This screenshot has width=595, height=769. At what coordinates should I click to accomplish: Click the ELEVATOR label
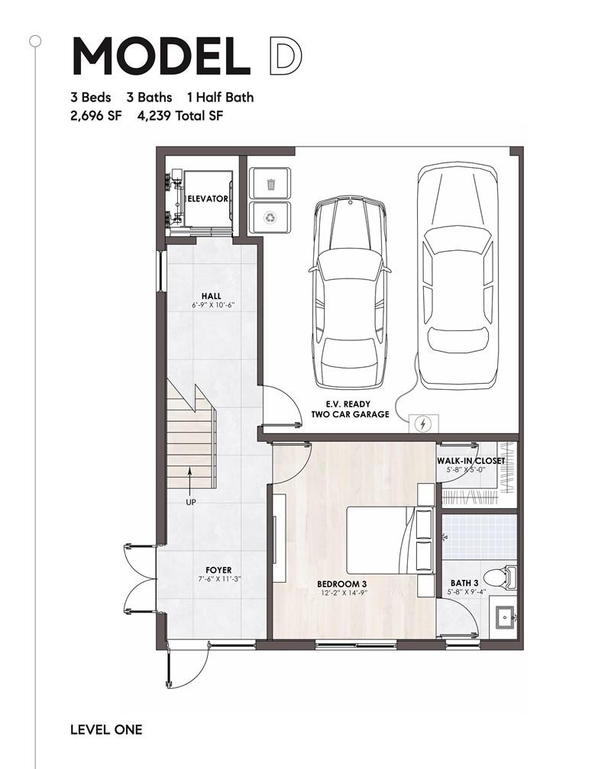pyautogui.click(x=209, y=198)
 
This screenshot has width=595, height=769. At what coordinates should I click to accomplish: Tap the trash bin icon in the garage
pyautogui.click(x=270, y=185)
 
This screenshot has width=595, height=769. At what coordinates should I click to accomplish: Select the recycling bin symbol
pyautogui.click(x=270, y=217)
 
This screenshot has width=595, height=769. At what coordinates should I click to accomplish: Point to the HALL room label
pyautogui.click(x=211, y=296)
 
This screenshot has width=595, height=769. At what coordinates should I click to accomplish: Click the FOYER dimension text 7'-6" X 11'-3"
pyautogui.click(x=218, y=579)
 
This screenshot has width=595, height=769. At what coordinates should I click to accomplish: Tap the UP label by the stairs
pyautogui.click(x=190, y=502)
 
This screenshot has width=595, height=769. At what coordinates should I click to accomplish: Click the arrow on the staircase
pyautogui.click(x=189, y=480)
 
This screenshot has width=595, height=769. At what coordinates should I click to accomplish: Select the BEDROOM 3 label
pyautogui.click(x=341, y=584)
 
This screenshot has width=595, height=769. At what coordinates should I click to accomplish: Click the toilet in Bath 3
pyautogui.click(x=500, y=577)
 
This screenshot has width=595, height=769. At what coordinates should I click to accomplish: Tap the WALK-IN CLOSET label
pyautogui.click(x=471, y=461)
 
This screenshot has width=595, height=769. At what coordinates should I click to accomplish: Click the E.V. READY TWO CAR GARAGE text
pyautogui.click(x=350, y=409)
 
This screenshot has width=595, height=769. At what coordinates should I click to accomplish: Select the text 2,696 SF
pyautogui.click(x=95, y=116)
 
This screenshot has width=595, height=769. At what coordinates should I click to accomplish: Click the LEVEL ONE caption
pyautogui.click(x=106, y=729)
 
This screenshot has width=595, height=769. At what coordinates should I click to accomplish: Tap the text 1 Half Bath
pyautogui.click(x=221, y=97)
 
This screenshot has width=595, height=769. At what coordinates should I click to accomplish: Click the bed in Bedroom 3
pyautogui.click(x=390, y=539)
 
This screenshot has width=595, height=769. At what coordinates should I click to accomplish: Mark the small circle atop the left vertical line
pyautogui.click(x=35, y=41)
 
